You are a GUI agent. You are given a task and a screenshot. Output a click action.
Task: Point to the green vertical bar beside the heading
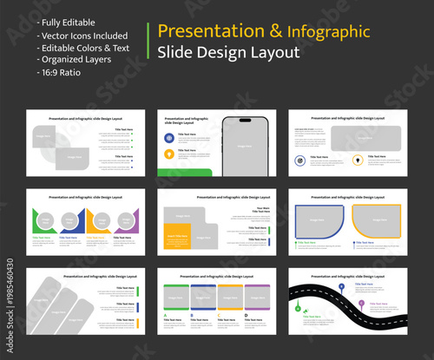click(150, 42)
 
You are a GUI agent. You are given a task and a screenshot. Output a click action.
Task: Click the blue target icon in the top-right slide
click(299, 160)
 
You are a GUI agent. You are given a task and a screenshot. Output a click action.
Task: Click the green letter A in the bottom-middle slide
click(164, 315)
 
